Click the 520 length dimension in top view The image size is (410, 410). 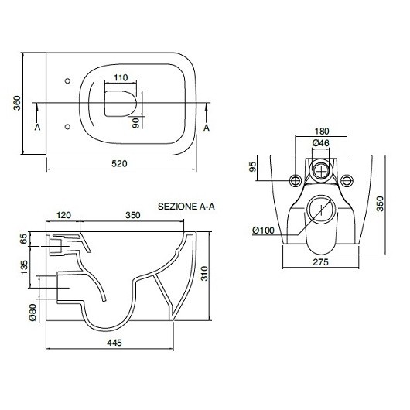(x=119, y=164)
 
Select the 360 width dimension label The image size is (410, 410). (x=17, y=103)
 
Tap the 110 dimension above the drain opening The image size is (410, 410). (x=121, y=77)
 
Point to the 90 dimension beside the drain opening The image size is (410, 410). (x=136, y=123)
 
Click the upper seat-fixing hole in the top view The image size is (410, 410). (x=67, y=81)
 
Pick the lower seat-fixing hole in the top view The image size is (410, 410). (x=67, y=127)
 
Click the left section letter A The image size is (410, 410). (x=37, y=128)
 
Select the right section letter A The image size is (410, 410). (x=207, y=128)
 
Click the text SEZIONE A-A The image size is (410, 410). (x=186, y=207)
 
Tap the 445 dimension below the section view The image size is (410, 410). (x=114, y=343)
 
